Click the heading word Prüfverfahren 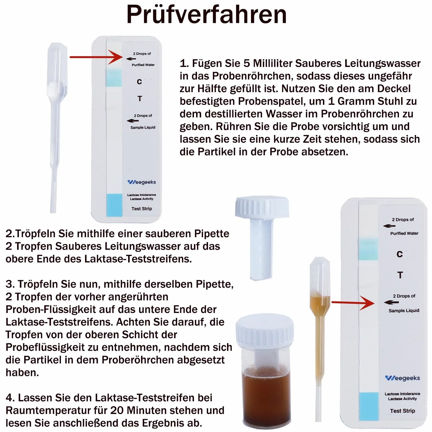click(x=207, y=14)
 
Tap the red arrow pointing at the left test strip click(x=96, y=57)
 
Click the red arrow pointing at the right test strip click(x=353, y=303)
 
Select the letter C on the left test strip click(x=139, y=82)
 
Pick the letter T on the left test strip click(x=140, y=99)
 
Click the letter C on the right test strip click(x=399, y=254)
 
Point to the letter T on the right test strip click(x=400, y=275)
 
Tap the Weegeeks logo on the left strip click(x=142, y=182)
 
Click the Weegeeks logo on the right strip click(x=403, y=378)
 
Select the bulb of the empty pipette click(x=57, y=70)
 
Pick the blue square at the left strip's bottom click(x=114, y=205)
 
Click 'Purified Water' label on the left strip click(x=143, y=65)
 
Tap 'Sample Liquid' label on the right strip click(x=404, y=311)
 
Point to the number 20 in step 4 click(x=117, y=411)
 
